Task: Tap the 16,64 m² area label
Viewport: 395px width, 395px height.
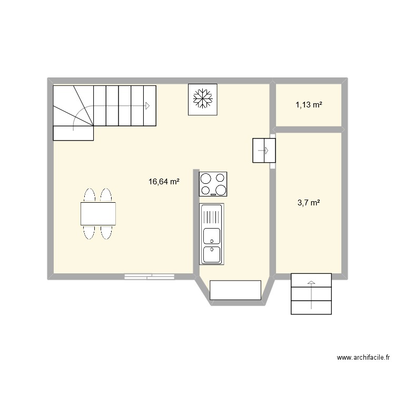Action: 164,182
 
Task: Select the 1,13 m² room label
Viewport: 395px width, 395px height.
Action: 309,105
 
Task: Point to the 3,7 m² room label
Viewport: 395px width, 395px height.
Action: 309,202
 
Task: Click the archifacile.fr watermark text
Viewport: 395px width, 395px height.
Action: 363,358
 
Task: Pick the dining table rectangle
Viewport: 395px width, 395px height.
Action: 98,214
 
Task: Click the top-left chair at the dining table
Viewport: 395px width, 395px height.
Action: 90,195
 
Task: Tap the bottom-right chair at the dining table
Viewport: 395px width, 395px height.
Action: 106,232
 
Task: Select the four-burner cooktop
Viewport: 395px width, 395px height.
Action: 213,184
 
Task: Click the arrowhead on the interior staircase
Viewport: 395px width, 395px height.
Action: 147,106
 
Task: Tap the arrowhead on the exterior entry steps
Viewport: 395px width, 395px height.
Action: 311,283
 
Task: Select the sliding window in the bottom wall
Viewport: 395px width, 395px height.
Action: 149,275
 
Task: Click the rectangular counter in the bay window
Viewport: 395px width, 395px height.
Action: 235,290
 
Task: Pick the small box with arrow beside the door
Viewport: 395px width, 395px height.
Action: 261,151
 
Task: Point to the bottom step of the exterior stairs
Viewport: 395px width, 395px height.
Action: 311,307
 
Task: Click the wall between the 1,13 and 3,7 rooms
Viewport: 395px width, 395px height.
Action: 308,130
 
